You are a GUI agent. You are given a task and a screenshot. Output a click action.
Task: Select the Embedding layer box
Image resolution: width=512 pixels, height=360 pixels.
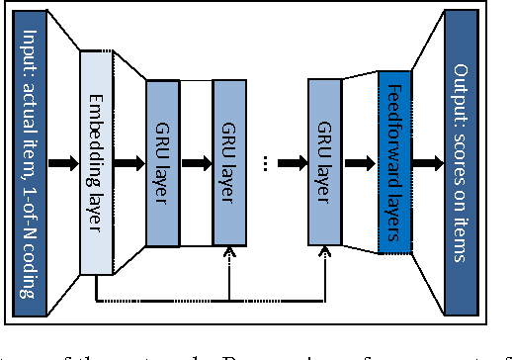pos(96,160)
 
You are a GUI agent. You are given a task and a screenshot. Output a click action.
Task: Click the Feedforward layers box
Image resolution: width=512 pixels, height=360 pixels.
pos(393,161)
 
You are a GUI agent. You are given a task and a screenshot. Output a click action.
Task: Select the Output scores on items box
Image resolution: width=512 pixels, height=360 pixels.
pos(462,161)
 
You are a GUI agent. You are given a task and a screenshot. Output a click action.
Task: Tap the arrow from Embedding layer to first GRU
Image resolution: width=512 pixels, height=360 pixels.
pos(129,161)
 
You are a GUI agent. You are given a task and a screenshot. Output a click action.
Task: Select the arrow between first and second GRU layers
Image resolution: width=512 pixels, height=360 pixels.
pos(197,161)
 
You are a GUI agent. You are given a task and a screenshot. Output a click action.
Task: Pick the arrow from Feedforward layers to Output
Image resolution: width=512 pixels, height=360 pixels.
pos(427,161)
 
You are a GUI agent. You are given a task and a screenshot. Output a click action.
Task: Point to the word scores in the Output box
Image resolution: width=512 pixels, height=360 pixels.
pos(462,158)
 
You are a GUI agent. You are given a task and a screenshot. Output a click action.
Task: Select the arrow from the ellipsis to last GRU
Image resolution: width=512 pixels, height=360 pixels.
pos(294,161)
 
